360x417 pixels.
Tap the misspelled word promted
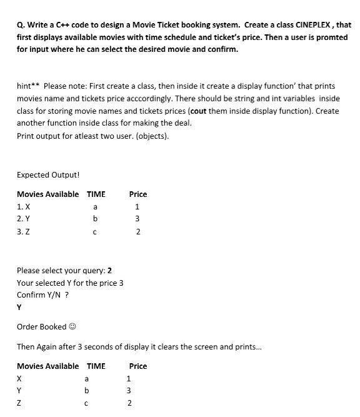click(x=330, y=38)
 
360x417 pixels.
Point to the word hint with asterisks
click(x=28, y=86)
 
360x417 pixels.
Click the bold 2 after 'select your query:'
click(x=110, y=271)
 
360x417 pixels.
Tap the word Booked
click(x=53, y=327)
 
